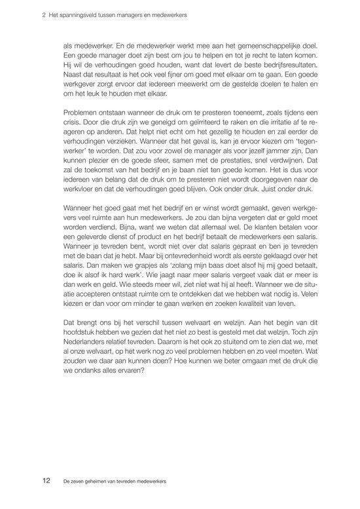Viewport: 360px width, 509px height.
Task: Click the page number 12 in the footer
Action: coord(46,480)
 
